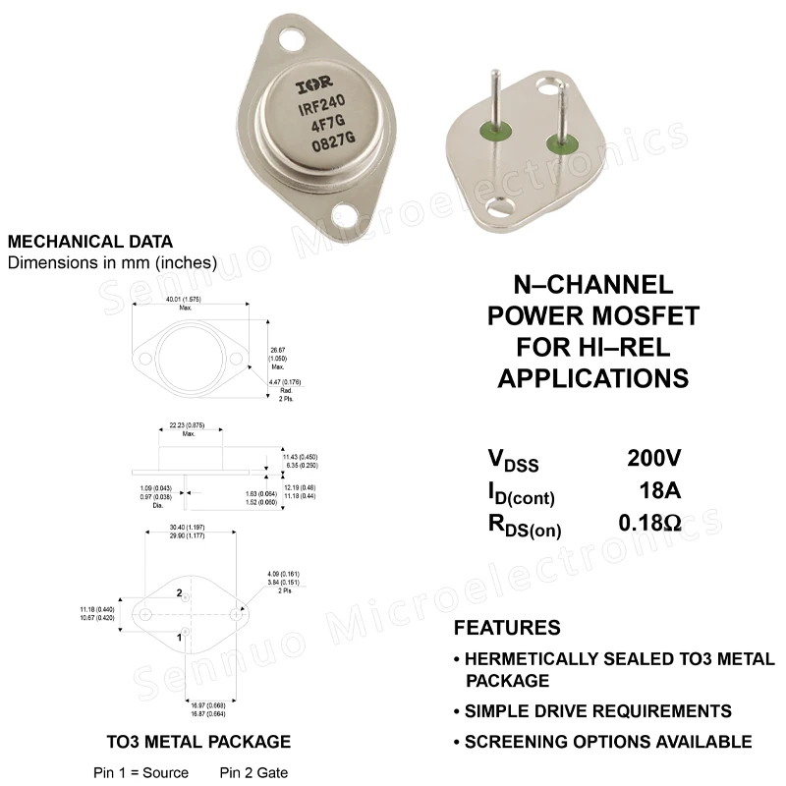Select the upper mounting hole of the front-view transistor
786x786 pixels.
(294, 40)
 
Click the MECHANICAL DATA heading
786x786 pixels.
(89, 242)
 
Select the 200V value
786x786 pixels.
(654, 458)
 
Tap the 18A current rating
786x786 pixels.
(659, 490)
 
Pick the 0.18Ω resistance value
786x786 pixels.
(649, 523)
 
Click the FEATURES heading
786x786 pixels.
(507, 628)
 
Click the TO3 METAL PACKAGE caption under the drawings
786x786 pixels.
(198, 741)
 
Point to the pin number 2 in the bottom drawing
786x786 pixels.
(180, 593)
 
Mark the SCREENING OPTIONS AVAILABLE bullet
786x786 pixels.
(607, 742)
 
